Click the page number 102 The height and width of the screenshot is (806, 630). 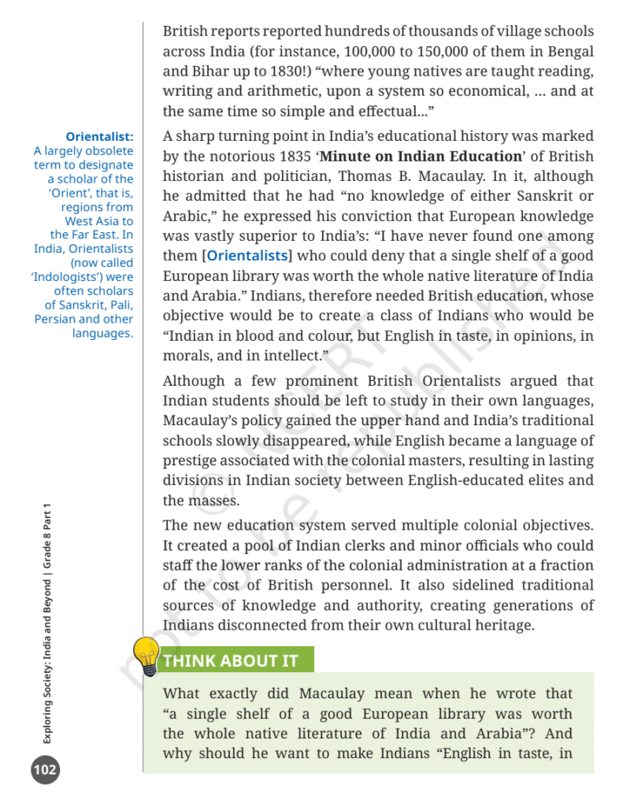45,769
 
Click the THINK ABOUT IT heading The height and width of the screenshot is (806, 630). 230,661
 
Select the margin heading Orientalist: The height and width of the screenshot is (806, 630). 99,136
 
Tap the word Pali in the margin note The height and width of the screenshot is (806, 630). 120,305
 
